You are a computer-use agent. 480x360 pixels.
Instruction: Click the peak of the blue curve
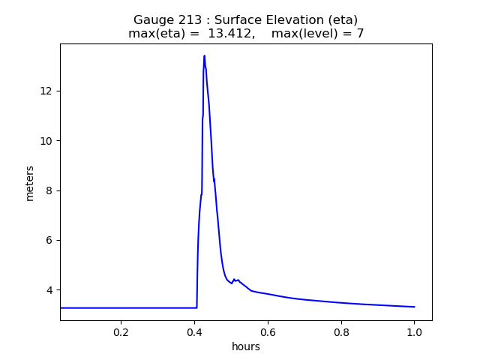tap(204, 55)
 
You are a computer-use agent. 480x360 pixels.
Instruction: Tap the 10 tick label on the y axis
tap(49, 141)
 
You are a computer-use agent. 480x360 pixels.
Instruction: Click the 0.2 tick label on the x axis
tap(121, 331)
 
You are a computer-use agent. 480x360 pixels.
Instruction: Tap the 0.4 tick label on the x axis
tap(194, 331)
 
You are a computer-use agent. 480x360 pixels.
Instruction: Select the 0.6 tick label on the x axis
tap(268, 331)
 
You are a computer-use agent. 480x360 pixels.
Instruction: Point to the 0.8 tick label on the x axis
tap(341, 331)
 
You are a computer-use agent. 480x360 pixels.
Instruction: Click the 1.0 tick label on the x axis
tap(414, 331)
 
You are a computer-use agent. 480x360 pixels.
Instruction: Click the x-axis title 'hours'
tap(246, 346)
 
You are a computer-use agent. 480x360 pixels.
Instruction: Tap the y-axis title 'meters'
tap(30, 183)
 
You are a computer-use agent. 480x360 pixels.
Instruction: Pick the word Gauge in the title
tap(151, 20)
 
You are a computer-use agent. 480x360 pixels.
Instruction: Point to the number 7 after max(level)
tap(360, 34)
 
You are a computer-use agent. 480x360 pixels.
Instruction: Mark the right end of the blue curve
tap(414, 307)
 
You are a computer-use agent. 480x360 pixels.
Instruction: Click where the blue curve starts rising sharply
tap(197, 307)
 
